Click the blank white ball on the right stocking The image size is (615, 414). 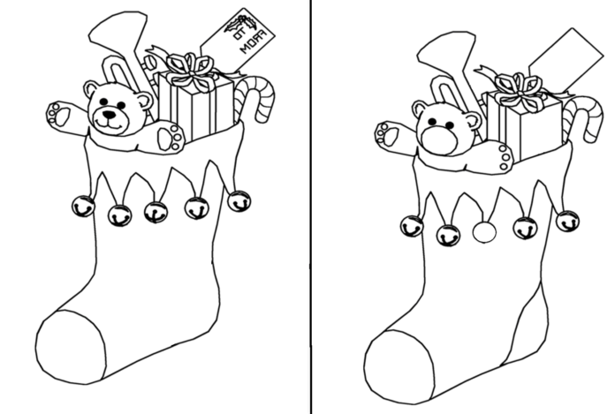point(484,232)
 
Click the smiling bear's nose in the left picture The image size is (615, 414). point(110,115)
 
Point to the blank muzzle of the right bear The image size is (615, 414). point(438,140)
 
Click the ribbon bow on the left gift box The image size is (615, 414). point(191,72)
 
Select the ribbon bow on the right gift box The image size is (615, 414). point(520,90)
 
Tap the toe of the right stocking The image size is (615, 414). point(399,367)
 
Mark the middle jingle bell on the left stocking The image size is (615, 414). point(156,212)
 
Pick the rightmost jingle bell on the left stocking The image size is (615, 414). point(239,201)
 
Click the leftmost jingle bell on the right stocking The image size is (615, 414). point(412,226)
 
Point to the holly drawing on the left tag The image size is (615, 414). point(240,25)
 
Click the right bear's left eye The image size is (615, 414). point(432,122)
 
